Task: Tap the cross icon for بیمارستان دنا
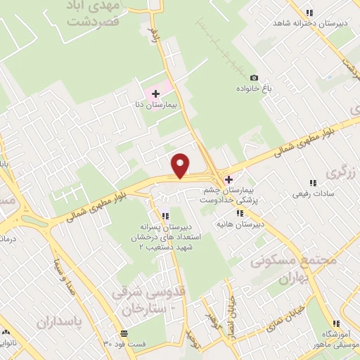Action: [x=155, y=94]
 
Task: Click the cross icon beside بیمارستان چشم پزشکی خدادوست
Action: [x=229, y=179]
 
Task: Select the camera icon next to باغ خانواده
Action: [x=254, y=77]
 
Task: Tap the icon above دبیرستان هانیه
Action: [x=240, y=213]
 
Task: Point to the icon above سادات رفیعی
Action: [x=313, y=183]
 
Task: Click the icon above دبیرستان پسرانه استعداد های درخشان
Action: [x=165, y=216]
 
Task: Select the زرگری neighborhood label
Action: [x=345, y=171]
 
